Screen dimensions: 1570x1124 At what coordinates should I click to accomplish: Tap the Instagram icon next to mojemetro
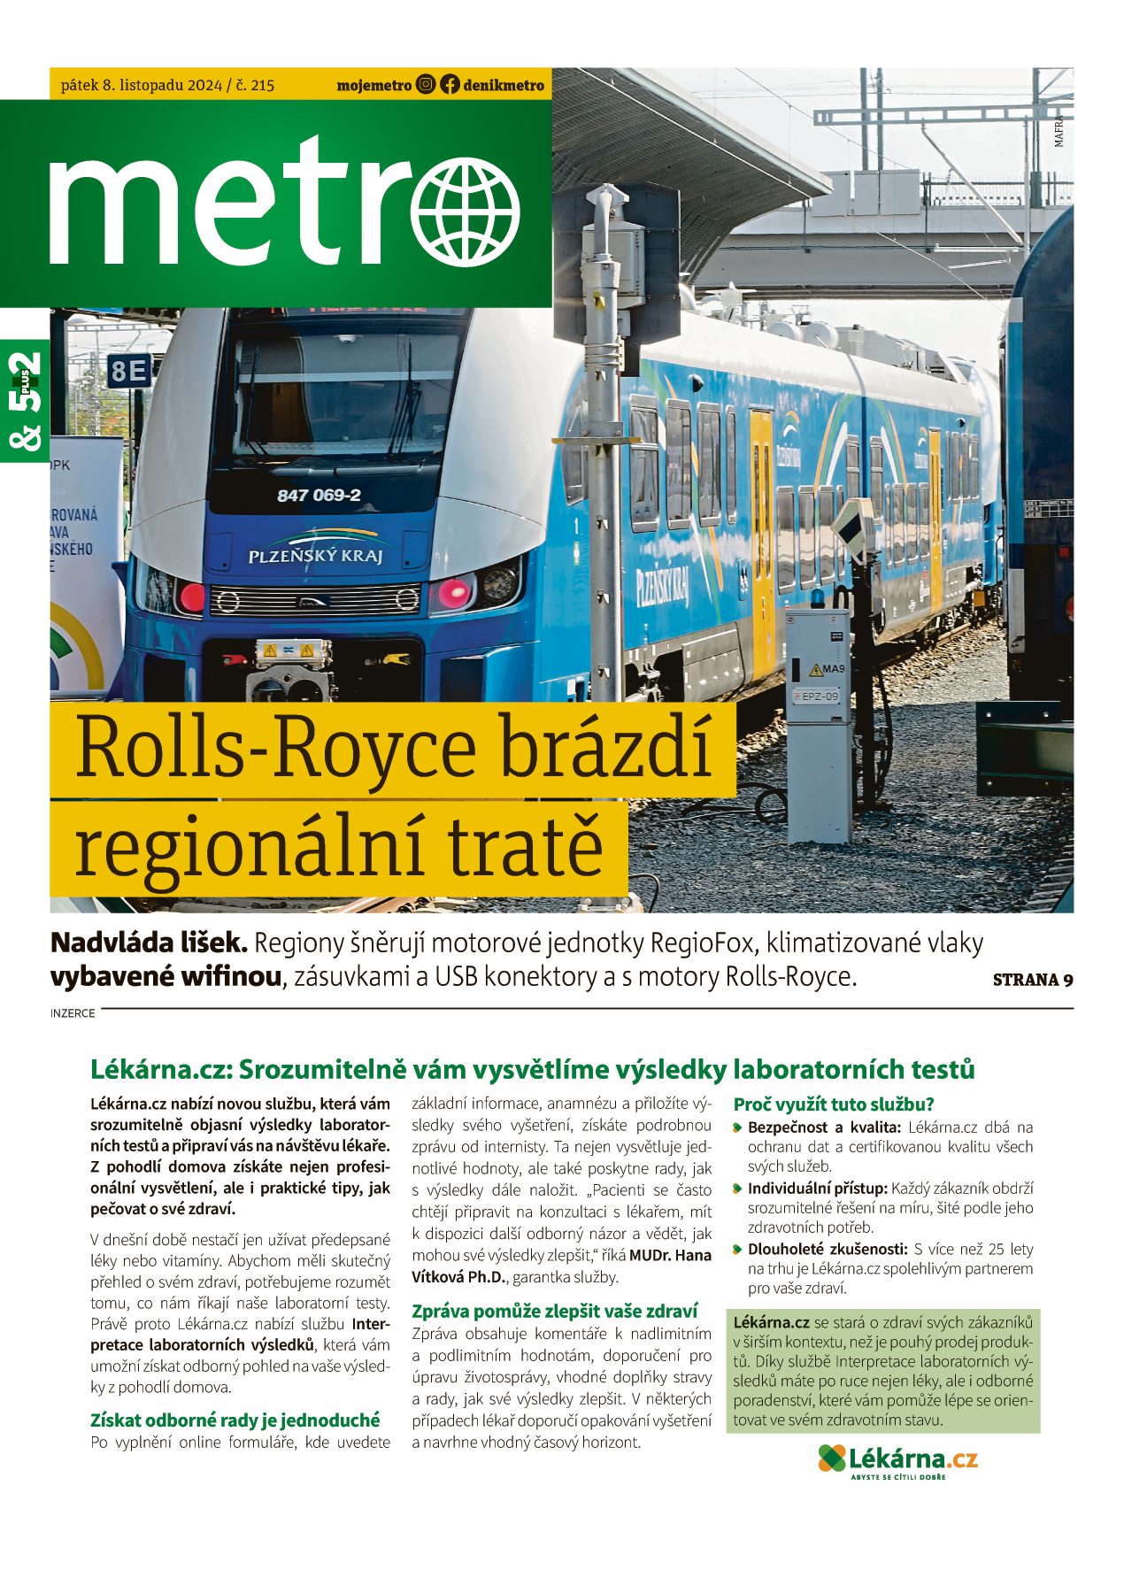pos(426,85)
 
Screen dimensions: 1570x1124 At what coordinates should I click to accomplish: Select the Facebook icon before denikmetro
pos(450,85)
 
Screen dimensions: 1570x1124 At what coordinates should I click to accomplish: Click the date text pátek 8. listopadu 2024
pos(142,86)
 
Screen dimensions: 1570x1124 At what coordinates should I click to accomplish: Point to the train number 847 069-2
pos(319,496)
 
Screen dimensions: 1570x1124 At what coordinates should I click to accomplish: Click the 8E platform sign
pos(129,372)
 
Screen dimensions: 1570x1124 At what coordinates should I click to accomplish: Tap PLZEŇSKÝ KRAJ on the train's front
pos(315,556)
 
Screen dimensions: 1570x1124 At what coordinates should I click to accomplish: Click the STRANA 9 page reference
pos(1033,980)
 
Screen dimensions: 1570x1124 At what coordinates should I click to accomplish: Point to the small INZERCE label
pos(73,1013)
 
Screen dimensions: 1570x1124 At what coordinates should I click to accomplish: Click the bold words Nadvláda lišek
pos(149,943)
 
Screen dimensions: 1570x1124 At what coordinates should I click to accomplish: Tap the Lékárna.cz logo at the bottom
pos(897,1458)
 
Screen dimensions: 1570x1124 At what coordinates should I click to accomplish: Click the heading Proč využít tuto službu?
pos(834,1104)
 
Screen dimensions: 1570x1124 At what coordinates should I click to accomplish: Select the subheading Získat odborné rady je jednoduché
pos(235,1420)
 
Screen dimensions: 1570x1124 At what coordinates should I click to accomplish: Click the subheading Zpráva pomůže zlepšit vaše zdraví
pos(554,1311)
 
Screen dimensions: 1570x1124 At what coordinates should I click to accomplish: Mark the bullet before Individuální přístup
pos(737,1189)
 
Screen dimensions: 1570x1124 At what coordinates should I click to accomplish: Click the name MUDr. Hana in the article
pos(670,1255)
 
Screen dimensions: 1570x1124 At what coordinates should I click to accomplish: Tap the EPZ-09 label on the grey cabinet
pos(819,696)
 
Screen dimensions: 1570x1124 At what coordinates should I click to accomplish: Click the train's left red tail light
pos(192,597)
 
